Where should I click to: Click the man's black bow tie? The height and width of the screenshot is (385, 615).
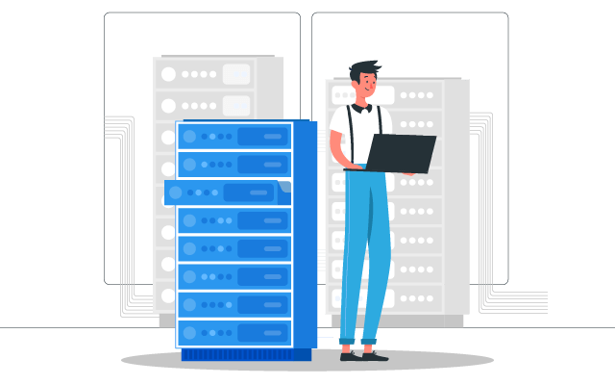[x=361, y=109]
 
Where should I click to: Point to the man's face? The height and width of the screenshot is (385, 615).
[x=366, y=90]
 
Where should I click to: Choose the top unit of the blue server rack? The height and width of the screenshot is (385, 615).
[x=234, y=137]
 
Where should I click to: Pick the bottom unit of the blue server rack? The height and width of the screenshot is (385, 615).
[x=234, y=332]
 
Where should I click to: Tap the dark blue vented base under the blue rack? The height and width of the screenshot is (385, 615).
[x=246, y=354]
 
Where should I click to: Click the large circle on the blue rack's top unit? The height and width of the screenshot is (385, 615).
[x=189, y=137]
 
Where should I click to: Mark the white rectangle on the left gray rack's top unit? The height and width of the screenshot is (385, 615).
[x=236, y=74]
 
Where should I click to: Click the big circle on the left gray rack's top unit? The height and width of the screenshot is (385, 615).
[x=169, y=74]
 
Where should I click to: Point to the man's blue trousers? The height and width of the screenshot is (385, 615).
[x=366, y=250]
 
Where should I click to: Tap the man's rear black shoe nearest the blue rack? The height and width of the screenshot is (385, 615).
[x=347, y=354]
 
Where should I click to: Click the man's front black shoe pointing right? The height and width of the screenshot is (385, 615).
[x=375, y=356]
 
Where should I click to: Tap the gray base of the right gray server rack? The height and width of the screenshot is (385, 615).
[x=404, y=321]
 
